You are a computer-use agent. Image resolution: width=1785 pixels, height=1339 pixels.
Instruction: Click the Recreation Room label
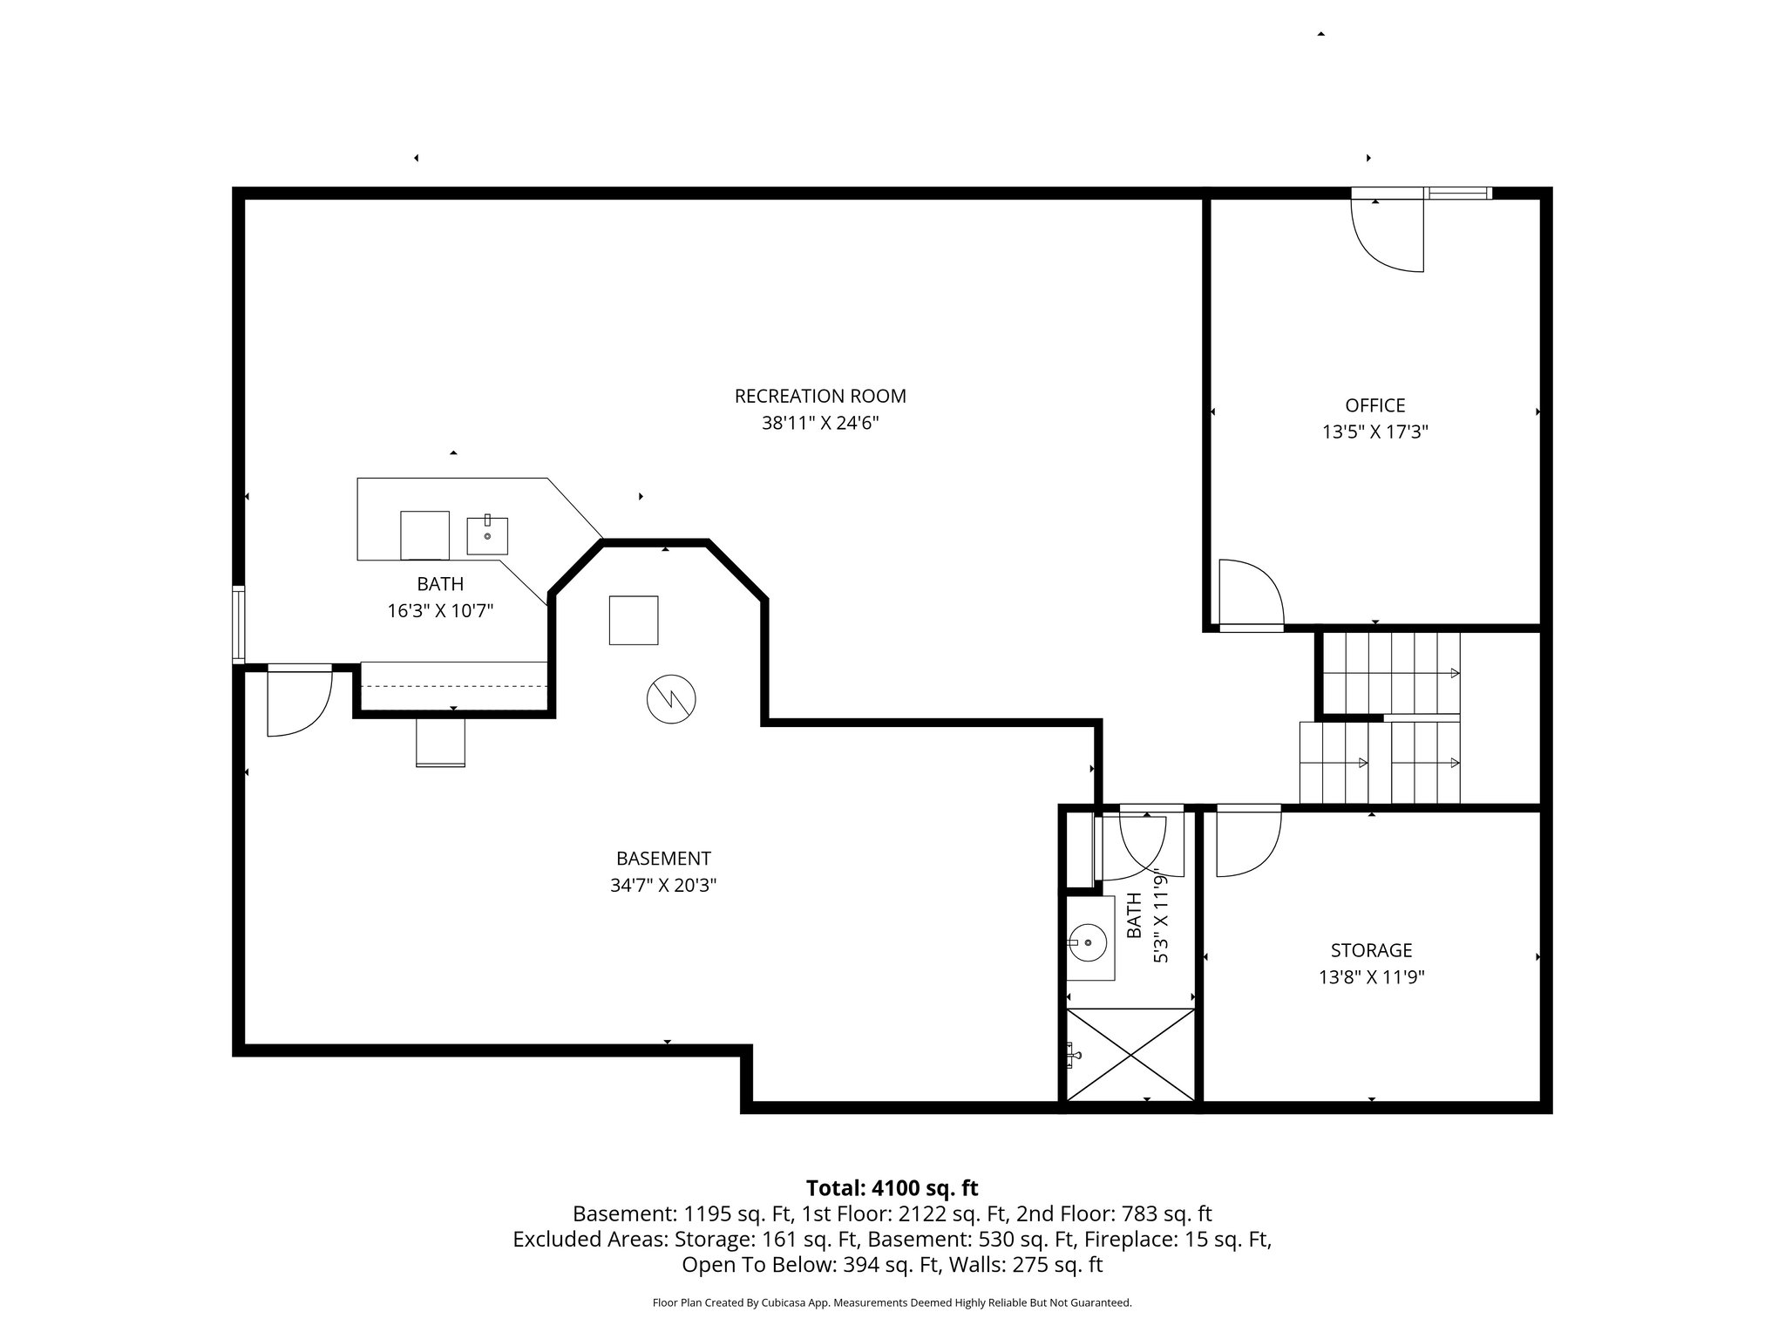click(820, 397)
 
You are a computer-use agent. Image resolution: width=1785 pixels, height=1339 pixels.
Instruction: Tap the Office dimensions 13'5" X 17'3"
click(1374, 432)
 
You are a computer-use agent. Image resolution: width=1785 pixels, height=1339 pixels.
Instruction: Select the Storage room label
click(1371, 950)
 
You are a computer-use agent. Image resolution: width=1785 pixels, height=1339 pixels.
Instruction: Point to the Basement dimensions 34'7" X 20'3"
click(663, 886)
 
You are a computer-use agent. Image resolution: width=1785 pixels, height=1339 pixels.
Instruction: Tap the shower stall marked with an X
click(1130, 1055)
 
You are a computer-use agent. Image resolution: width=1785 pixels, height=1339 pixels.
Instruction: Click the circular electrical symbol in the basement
click(671, 699)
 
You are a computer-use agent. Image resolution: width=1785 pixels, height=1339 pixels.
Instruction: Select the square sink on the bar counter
click(487, 535)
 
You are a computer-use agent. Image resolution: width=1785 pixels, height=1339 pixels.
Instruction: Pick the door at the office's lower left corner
click(1249, 595)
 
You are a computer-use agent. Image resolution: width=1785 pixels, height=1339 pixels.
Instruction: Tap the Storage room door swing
click(1247, 841)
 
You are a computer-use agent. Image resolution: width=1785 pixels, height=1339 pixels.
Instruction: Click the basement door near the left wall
click(298, 700)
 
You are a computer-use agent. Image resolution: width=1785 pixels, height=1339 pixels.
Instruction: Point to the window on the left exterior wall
click(238, 625)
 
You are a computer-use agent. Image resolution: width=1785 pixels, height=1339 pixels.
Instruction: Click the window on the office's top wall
click(1458, 194)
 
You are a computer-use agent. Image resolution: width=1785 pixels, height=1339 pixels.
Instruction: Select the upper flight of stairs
click(1391, 673)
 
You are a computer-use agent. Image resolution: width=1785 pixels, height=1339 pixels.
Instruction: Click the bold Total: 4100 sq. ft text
click(892, 1188)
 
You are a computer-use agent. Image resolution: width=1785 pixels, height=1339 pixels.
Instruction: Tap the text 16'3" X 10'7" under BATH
click(440, 611)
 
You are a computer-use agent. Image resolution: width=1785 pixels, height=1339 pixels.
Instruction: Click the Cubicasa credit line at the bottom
click(892, 1303)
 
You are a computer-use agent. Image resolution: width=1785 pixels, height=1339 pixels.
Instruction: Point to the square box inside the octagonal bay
click(634, 620)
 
